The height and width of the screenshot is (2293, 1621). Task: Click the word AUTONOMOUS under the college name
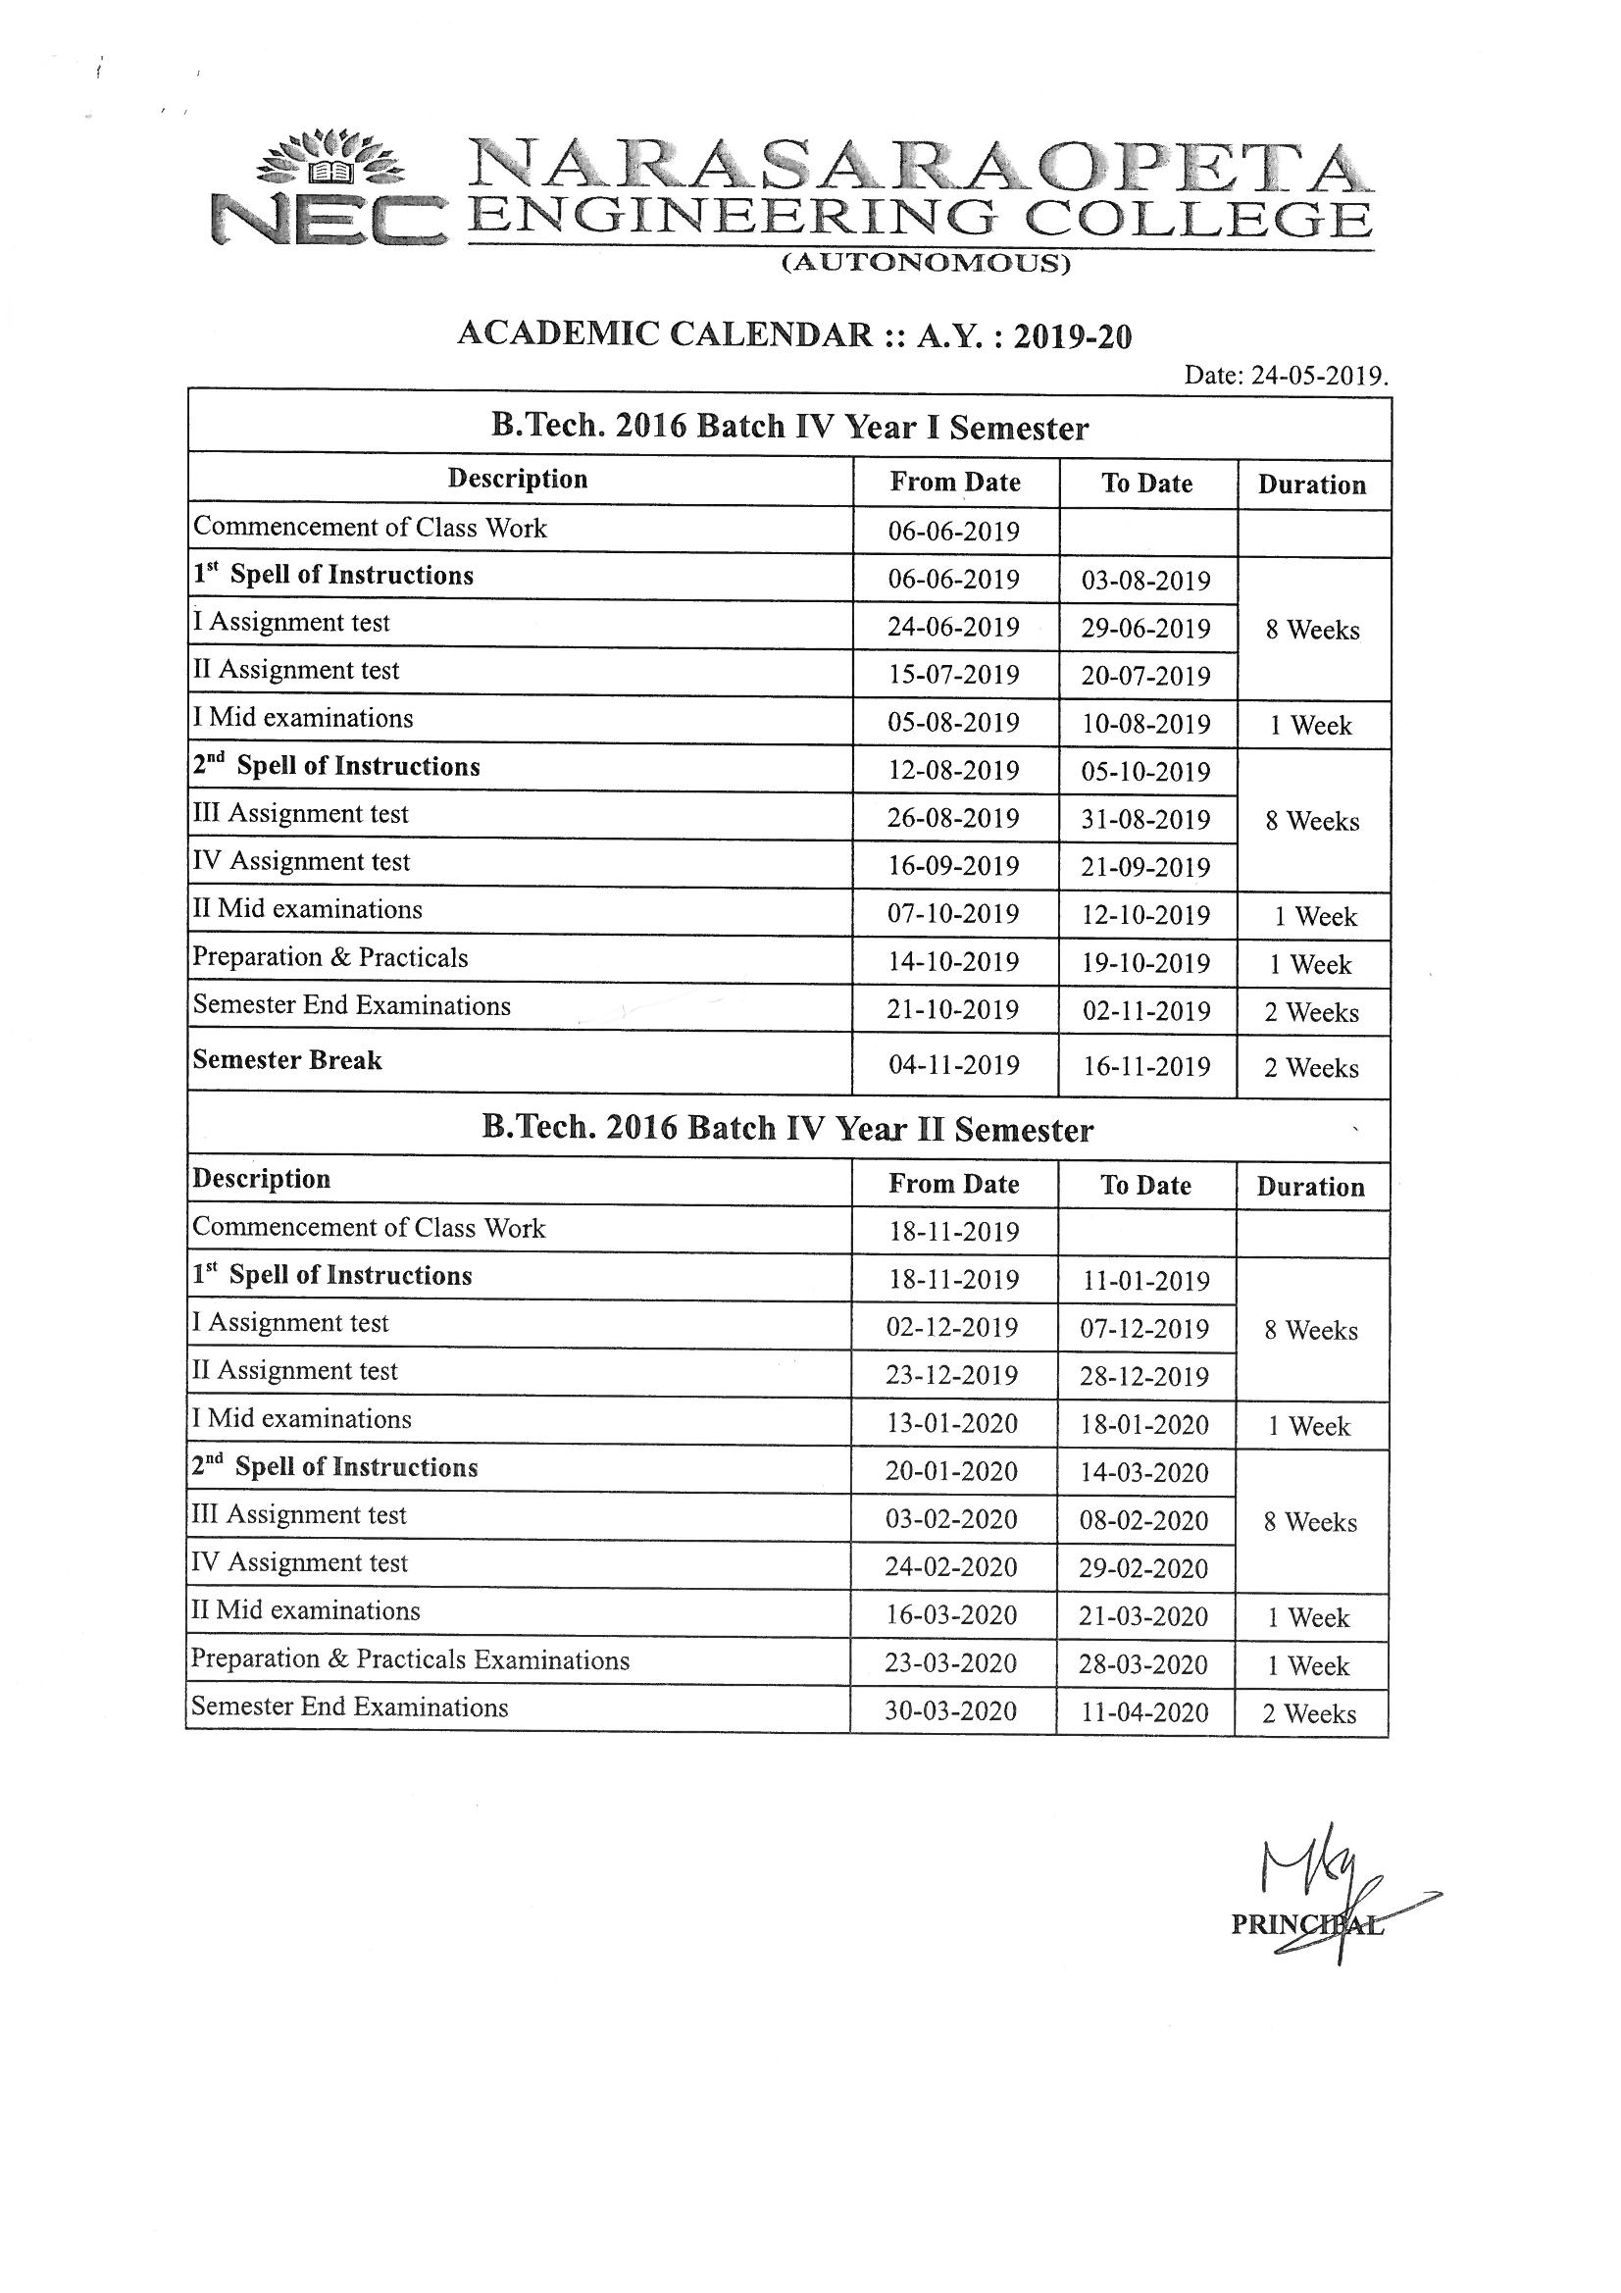926,264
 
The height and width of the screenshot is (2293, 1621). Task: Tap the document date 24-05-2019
1286,377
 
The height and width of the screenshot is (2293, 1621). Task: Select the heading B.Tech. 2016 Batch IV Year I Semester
789,428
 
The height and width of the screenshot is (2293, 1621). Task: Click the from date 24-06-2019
954,627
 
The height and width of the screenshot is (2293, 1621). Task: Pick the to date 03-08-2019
1146,581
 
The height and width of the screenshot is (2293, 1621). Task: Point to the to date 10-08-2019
1146,724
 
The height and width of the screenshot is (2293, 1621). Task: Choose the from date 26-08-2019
954,819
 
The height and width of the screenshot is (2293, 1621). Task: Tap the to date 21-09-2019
1145,867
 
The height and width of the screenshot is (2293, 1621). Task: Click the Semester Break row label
287,1060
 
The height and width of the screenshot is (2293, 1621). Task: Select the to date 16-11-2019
1146,1067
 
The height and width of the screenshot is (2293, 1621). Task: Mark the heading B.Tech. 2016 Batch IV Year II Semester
788,1129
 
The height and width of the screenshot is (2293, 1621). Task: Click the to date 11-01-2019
1145,1281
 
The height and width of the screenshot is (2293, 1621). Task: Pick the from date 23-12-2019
952,1376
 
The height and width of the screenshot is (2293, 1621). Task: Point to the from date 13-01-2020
952,1424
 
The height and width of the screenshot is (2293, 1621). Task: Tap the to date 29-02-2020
1143,1568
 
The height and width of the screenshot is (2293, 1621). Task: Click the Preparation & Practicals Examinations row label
411,1659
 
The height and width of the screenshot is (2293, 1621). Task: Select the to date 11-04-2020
1144,1713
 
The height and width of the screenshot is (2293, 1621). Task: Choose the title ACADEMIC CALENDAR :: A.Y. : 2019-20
794,334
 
